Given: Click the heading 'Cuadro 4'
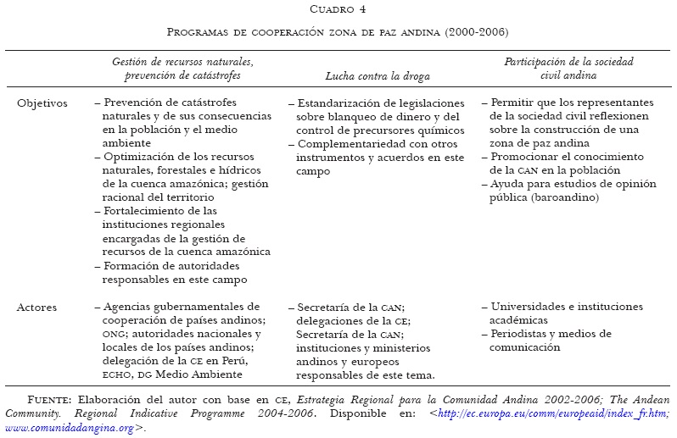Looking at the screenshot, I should [338, 9].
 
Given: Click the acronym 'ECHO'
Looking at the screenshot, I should [117, 374].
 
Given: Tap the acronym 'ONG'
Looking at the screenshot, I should [112, 334].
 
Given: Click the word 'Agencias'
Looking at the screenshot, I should [127, 307].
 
